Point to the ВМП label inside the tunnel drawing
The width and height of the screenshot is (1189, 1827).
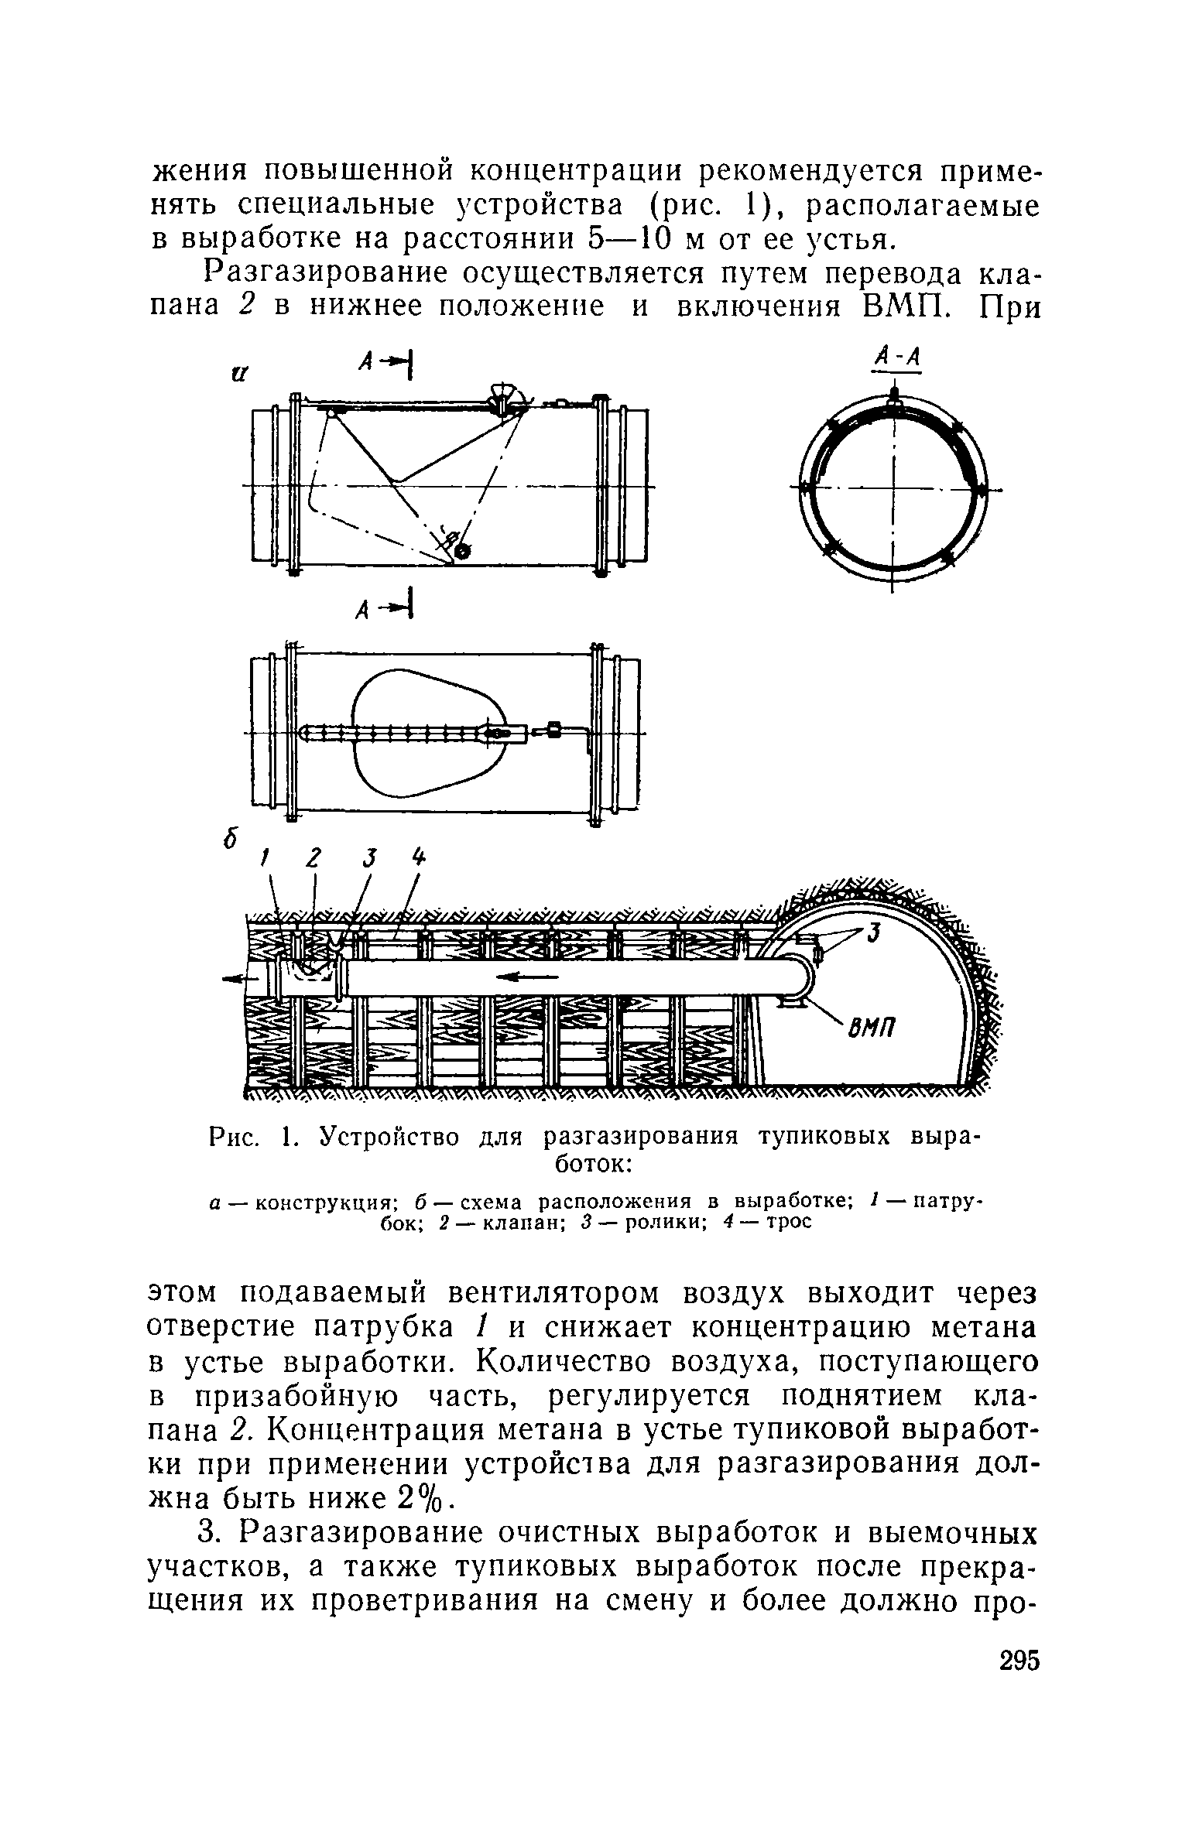872,1028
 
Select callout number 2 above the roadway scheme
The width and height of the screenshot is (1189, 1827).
314,858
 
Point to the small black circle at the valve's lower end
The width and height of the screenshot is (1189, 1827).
462,551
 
